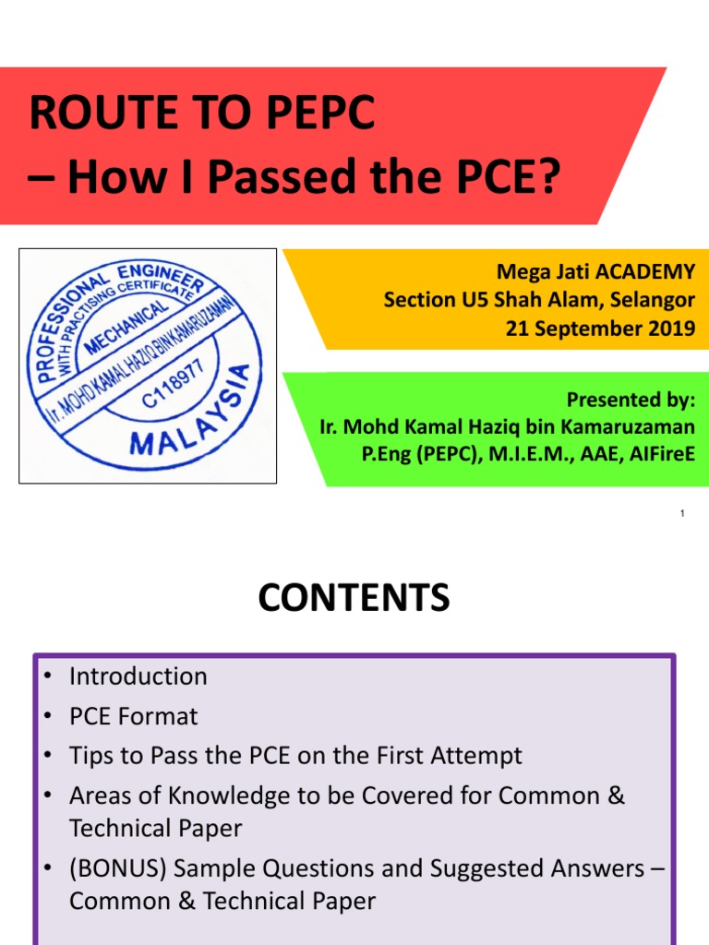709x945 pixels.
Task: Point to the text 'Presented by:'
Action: (x=631, y=401)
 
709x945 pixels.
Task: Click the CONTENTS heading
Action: (x=354, y=598)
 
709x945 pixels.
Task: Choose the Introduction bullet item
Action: (x=138, y=676)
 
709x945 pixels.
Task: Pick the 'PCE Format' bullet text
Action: (x=133, y=715)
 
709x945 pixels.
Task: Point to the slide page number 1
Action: (x=681, y=513)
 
